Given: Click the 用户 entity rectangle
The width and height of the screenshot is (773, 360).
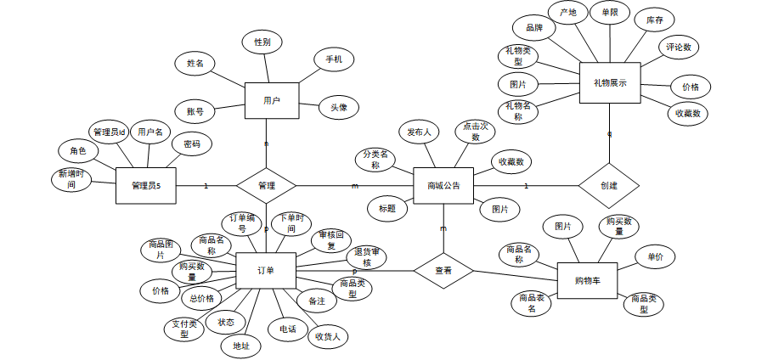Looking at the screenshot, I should coord(272,101).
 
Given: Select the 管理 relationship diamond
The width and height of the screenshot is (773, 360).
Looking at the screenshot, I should coord(266,185).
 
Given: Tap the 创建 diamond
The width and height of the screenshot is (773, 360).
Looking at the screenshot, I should coord(608,185).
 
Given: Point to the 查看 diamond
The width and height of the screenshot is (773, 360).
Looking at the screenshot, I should coord(443,271).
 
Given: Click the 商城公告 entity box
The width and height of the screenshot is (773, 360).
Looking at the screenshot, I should coord(443,185).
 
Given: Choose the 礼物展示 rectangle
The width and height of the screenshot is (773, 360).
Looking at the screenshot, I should coord(610,83).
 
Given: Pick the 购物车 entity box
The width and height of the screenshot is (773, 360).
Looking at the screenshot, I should coord(587,280).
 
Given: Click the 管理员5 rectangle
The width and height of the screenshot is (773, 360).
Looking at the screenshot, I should coord(152,186).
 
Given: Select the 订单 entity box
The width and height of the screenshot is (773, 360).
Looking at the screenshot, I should coord(266,271).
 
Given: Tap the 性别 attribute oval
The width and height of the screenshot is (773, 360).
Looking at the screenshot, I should coord(262,42).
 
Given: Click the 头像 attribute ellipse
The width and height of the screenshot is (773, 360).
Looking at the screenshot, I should coord(339,108).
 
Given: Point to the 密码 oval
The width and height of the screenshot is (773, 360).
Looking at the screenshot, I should coord(192,144).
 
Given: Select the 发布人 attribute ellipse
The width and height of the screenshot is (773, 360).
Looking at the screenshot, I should coord(419,132).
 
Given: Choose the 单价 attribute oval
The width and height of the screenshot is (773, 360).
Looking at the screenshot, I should coord(656,256).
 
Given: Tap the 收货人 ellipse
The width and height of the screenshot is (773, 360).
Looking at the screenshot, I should coord(328,337).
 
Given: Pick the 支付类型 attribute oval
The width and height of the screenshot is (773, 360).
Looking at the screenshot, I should coord(183,329).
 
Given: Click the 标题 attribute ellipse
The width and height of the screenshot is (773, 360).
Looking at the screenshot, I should coord(387,208).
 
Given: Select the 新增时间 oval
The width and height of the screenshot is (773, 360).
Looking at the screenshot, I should coord(72,179).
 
